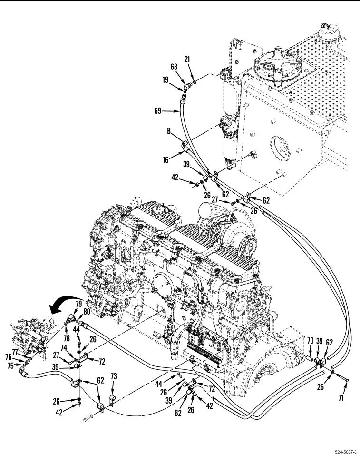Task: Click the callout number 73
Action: [x=113, y=376]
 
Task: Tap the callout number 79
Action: [x=79, y=303]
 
